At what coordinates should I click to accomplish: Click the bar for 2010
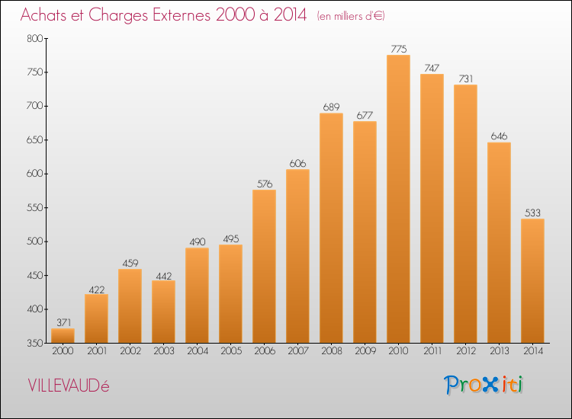pos(398,199)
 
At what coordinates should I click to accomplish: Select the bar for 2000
pos(63,335)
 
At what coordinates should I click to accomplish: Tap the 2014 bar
pos(532,281)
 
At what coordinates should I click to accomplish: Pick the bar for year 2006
pos(264,267)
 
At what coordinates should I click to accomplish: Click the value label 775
pos(398,49)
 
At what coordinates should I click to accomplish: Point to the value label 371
pos(63,322)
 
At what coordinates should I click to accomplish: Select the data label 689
pos(331,107)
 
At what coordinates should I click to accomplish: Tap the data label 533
pos(532,213)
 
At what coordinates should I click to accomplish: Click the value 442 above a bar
pos(164,277)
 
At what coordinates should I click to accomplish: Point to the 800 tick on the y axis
pos(34,38)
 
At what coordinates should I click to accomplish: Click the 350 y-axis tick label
pos(34,344)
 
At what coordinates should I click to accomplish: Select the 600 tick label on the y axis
pos(34,174)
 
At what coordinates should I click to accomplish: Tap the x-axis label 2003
pos(164,351)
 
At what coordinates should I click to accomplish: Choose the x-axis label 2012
pos(466,351)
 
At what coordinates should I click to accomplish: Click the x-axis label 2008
pos(332,351)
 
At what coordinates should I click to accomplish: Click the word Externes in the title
pos(182,15)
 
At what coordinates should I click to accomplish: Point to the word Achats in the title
pos(43,15)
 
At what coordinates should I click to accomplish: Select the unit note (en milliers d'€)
pos(351,16)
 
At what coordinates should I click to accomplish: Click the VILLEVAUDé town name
pos(69,385)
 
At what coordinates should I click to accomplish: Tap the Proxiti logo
pos(484,385)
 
